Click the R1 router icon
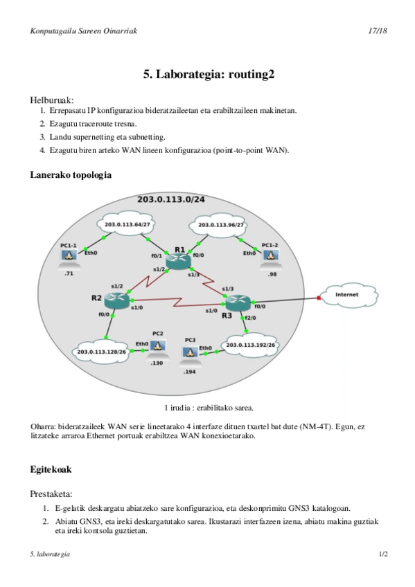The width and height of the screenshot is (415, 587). (x=180, y=259)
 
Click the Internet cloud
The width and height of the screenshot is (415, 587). (x=346, y=295)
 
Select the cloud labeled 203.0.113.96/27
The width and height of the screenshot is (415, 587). (x=220, y=225)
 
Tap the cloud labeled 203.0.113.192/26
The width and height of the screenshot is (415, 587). (x=251, y=344)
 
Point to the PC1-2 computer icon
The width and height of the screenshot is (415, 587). (x=272, y=255)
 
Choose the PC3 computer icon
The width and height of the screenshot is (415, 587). (x=188, y=352)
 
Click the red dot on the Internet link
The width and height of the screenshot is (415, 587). (x=319, y=298)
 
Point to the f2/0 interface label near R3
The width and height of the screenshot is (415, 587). (x=250, y=318)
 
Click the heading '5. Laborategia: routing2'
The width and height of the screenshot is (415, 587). (x=209, y=74)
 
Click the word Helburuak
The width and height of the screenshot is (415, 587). (x=52, y=99)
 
